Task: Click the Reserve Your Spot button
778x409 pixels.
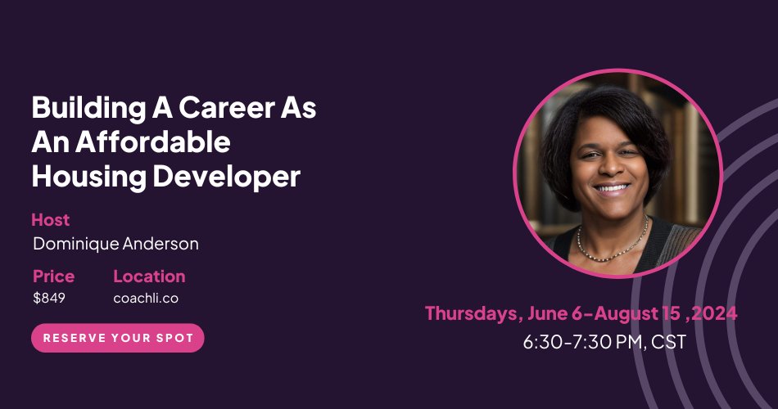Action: click(x=118, y=338)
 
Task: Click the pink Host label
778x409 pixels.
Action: click(x=50, y=219)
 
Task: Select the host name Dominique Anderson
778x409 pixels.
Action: click(x=115, y=244)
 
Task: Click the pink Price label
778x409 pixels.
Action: click(x=53, y=276)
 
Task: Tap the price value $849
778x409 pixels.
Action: click(x=49, y=298)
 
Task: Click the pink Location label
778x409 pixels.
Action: click(x=149, y=276)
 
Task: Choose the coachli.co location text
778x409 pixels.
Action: click(x=146, y=298)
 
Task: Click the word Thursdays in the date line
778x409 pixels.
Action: click(x=471, y=313)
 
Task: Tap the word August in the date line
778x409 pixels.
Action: click(x=626, y=313)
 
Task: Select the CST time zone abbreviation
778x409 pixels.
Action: click(x=668, y=341)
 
